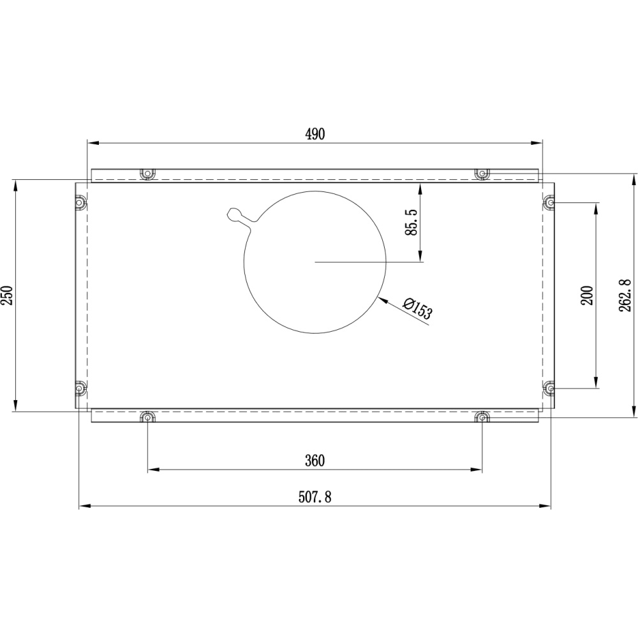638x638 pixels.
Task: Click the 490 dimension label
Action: click(315, 134)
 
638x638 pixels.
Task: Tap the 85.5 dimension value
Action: click(412, 222)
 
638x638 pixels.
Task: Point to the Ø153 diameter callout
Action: click(417, 308)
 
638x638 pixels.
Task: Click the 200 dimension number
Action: click(587, 295)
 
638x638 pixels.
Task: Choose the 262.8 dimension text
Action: click(625, 295)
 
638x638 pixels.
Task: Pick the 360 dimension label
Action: click(315, 461)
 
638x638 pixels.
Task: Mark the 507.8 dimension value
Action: click(315, 497)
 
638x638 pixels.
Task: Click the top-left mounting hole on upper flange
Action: click(147, 174)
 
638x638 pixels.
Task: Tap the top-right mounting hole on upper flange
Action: click(482, 174)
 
